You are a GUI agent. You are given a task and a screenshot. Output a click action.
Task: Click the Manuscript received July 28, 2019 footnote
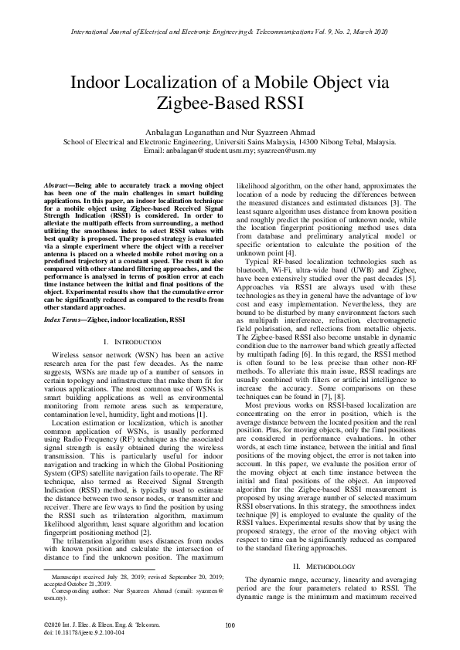(x=101, y=577)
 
